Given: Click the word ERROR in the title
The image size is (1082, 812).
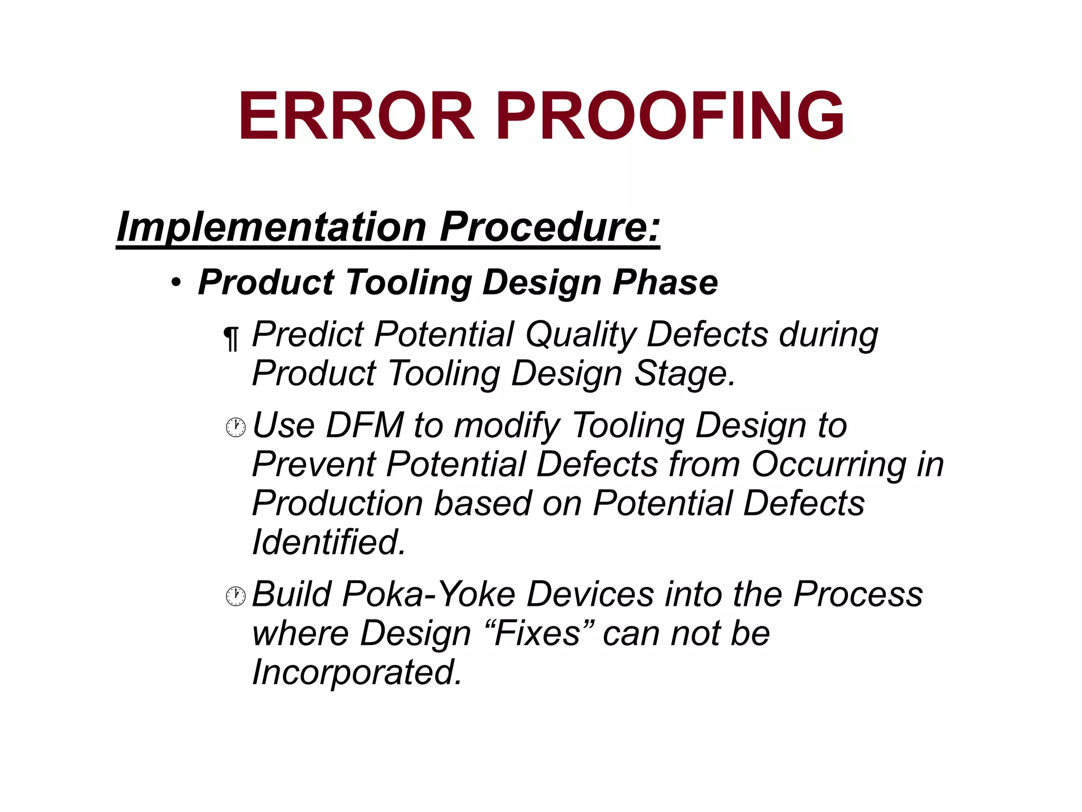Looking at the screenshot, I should point(357,116).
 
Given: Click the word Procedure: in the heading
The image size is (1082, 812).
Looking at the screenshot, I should point(550,227).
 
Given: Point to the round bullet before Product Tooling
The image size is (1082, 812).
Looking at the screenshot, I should point(176,283).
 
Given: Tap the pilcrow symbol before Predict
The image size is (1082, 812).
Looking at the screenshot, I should point(231,338).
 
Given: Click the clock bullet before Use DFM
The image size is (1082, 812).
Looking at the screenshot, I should point(236,428).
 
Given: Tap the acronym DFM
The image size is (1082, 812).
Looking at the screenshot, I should point(365,426).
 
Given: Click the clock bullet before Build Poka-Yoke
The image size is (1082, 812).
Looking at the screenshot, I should point(236,596).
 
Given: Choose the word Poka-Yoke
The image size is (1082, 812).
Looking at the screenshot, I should point(428,595).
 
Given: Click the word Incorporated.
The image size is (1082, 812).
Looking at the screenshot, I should point(357,672).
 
